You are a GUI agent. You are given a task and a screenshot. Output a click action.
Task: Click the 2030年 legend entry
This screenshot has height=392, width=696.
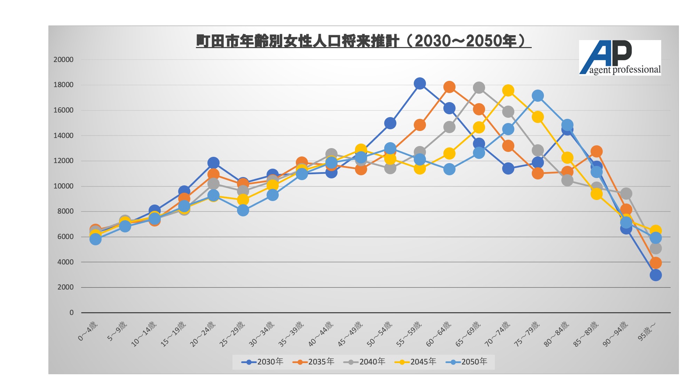point(263,362)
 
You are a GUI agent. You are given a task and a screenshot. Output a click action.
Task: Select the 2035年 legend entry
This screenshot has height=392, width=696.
point(314,362)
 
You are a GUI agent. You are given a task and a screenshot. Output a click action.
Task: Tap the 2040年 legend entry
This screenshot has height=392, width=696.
point(364,362)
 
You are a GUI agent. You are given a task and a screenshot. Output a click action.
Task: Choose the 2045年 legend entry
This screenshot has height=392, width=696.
point(416,362)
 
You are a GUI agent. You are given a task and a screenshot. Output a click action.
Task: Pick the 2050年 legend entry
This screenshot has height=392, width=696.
point(467,362)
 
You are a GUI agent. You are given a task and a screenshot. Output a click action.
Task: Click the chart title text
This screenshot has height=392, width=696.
point(363,41)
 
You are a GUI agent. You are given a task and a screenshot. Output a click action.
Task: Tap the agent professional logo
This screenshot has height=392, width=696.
point(620,57)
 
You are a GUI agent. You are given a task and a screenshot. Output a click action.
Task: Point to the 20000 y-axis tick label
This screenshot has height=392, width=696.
point(63,60)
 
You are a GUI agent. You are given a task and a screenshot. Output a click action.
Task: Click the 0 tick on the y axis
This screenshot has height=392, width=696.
point(71,313)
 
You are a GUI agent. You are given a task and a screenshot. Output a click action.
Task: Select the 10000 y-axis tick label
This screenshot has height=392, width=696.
point(63,186)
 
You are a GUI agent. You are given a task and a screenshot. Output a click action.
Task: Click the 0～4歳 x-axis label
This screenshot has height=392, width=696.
point(88,331)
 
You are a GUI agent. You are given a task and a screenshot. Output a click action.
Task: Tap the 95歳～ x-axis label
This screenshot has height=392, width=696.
point(647,331)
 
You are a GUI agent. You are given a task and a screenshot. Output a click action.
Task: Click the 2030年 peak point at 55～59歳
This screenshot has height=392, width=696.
point(420,83)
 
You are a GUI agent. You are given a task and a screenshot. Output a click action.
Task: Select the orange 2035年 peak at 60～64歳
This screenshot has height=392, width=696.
point(449,87)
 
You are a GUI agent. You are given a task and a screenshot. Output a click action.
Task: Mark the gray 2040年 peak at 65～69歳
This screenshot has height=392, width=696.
point(479,87)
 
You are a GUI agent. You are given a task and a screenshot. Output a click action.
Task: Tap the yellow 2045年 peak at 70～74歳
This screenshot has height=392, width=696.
point(508,91)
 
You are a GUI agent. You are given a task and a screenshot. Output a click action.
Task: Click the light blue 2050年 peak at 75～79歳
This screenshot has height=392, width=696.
point(538,96)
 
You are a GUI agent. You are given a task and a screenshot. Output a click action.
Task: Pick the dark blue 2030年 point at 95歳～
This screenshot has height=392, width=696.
point(656,275)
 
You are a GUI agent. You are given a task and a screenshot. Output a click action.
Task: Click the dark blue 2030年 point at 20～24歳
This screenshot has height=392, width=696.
point(213,163)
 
